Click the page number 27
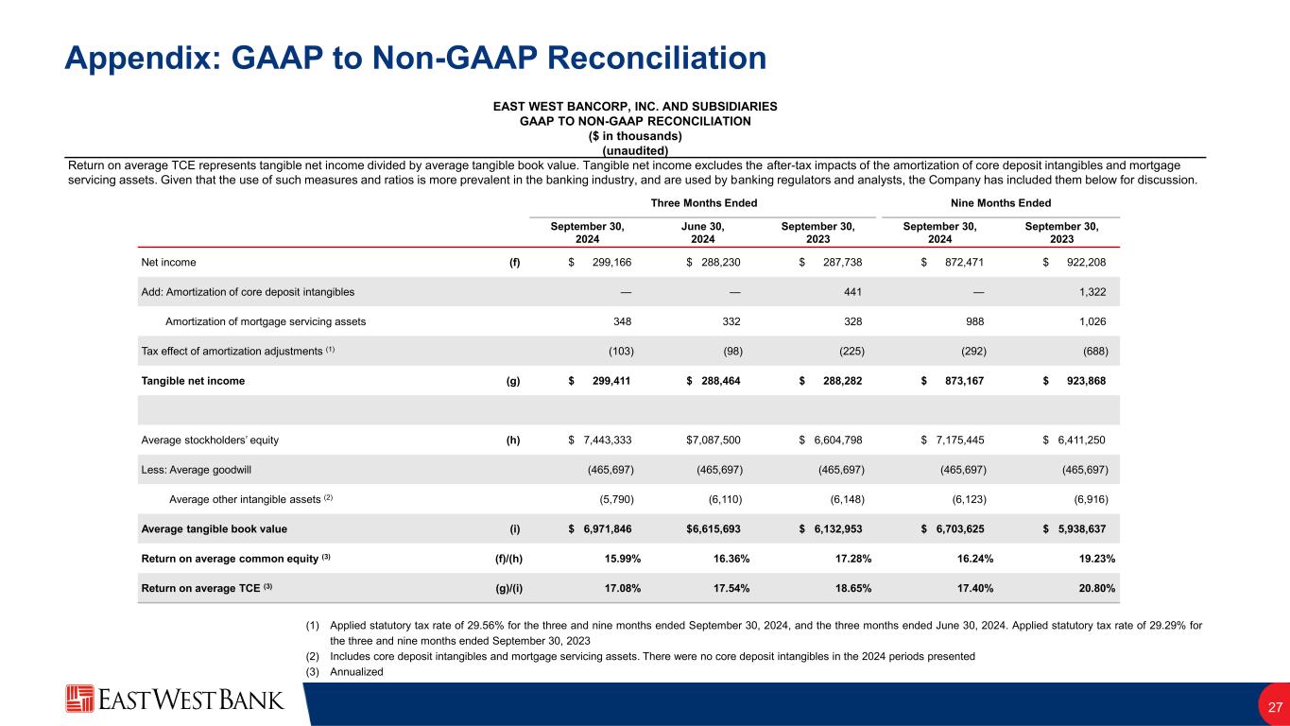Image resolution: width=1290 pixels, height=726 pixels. click(x=1274, y=706)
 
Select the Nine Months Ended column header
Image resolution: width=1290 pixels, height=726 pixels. click(x=1001, y=203)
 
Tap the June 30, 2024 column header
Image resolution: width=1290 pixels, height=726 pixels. click(x=702, y=233)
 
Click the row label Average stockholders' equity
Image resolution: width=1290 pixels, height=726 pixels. click(x=210, y=440)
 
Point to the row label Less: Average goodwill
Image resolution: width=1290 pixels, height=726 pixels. click(x=197, y=470)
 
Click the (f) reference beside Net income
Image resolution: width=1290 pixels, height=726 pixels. click(x=514, y=262)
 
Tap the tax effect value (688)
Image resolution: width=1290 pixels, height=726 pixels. click(x=1094, y=351)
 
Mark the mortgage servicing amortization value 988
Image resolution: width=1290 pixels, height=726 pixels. click(x=974, y=321)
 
